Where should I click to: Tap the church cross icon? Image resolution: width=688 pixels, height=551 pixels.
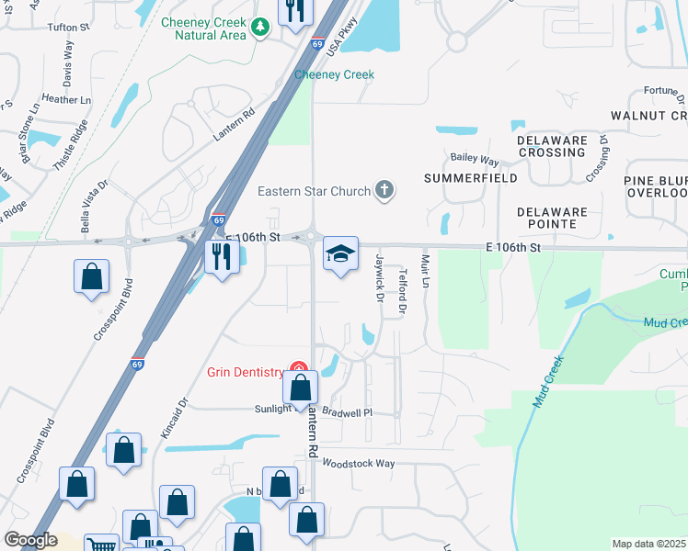point(384,191)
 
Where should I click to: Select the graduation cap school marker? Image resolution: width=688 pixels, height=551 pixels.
point(340,254)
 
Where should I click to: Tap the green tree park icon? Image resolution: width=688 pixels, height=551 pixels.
point(261,28)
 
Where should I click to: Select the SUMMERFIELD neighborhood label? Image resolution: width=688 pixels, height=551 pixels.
point(471,177)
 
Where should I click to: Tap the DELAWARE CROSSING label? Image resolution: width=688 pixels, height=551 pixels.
point(551,146)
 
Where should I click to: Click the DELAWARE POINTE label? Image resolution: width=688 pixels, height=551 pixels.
point(552,218)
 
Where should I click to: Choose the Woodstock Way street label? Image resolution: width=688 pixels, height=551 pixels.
point(358,464)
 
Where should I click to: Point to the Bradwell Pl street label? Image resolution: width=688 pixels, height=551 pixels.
point(347,412)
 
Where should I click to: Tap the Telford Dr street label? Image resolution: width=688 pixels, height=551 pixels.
point(403,290)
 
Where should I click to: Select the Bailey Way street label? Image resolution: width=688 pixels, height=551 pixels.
point(475,159)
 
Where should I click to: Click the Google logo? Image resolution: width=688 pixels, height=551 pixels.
point(29,540)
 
